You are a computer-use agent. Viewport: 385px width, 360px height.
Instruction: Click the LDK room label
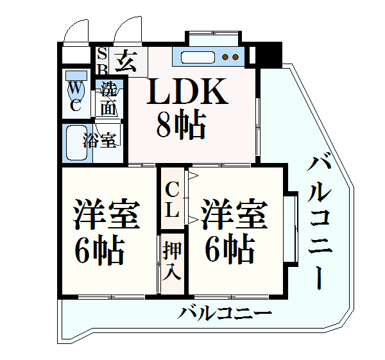(x=187, y=91)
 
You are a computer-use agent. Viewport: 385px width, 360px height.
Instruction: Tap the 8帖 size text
(x=180, y=125)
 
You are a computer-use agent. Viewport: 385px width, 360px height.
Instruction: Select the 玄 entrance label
(x=126, y=61)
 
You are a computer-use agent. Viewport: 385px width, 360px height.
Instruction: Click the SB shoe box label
(x=102, y=62)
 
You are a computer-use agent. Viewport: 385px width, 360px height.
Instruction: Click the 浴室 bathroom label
(x=99, y=141)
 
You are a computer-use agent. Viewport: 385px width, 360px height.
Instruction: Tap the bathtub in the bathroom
(x=76, y=143)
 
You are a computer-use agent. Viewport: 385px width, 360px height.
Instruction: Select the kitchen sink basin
(x=198, y=58)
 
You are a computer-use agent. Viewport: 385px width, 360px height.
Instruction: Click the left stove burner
(x=225, y=57)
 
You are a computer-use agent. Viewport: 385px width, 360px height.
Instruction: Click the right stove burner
(x=235, y=57)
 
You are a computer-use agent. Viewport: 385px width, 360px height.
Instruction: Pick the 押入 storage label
(x=172, y=261)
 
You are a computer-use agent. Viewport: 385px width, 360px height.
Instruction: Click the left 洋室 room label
(x=107, y=214)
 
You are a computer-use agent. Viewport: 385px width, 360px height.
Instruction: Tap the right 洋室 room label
(x=234, y=214)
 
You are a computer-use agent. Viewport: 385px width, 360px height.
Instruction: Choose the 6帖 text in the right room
(x=229, y=249)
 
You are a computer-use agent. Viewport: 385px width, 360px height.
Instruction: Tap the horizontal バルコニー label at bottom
(x=225, y=313)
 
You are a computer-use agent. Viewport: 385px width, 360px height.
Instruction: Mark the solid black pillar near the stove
(x=269, y=55)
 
